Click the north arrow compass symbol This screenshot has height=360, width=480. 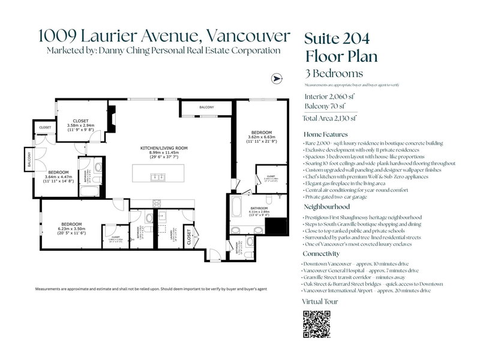pos(276,79)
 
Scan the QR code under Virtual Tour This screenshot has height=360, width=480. pos(317,325)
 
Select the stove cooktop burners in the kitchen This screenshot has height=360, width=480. pos(158,202)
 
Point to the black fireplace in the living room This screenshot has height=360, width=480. pos(113,116)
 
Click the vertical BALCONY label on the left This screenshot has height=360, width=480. pos(28,160)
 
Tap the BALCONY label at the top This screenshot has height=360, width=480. pos(206,107)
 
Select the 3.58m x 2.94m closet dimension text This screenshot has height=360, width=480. pos(80,127)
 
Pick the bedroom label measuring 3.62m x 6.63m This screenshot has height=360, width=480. pos(262,132)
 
